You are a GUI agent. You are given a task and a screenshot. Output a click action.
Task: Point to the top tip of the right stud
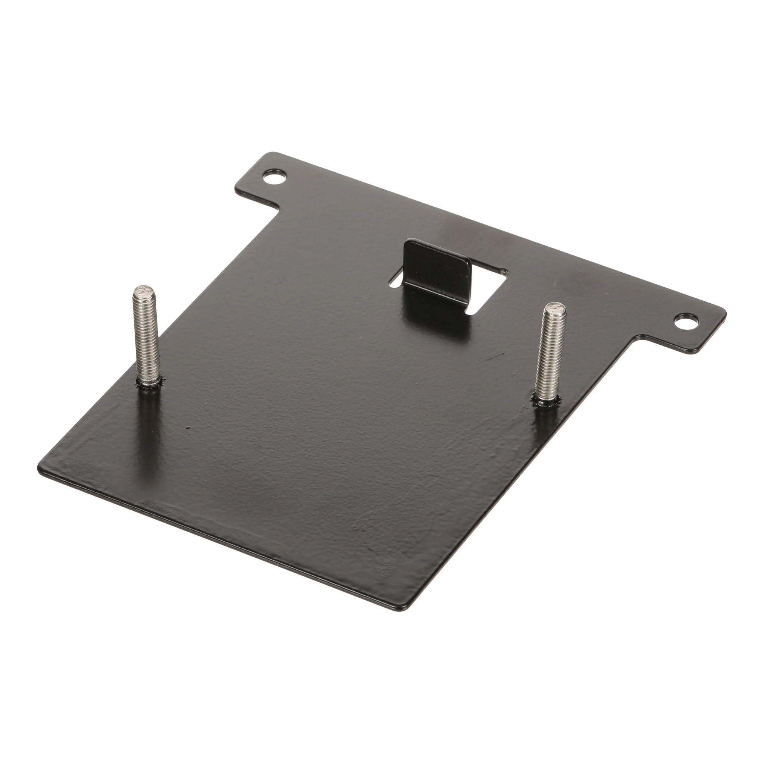(555, 308)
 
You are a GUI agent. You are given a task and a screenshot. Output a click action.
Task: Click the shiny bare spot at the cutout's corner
(503, 271)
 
